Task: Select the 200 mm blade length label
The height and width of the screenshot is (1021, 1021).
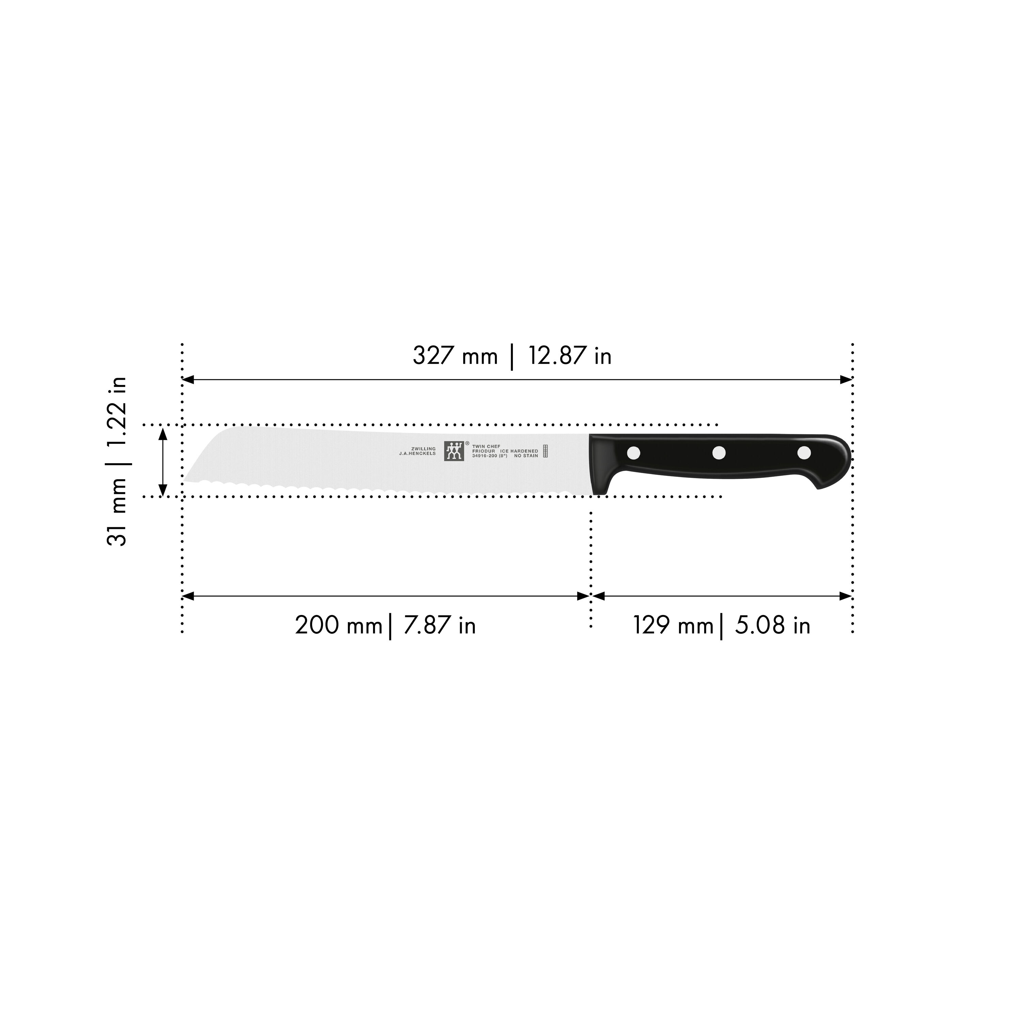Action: tap(338, 625)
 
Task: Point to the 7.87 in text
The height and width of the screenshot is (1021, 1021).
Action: tap(439, 625)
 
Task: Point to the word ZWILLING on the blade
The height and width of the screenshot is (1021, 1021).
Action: tap(423, 449)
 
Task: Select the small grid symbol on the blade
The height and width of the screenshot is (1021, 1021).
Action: tap(545, 451)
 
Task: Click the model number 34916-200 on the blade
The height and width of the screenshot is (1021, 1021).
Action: tap(485, 456)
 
